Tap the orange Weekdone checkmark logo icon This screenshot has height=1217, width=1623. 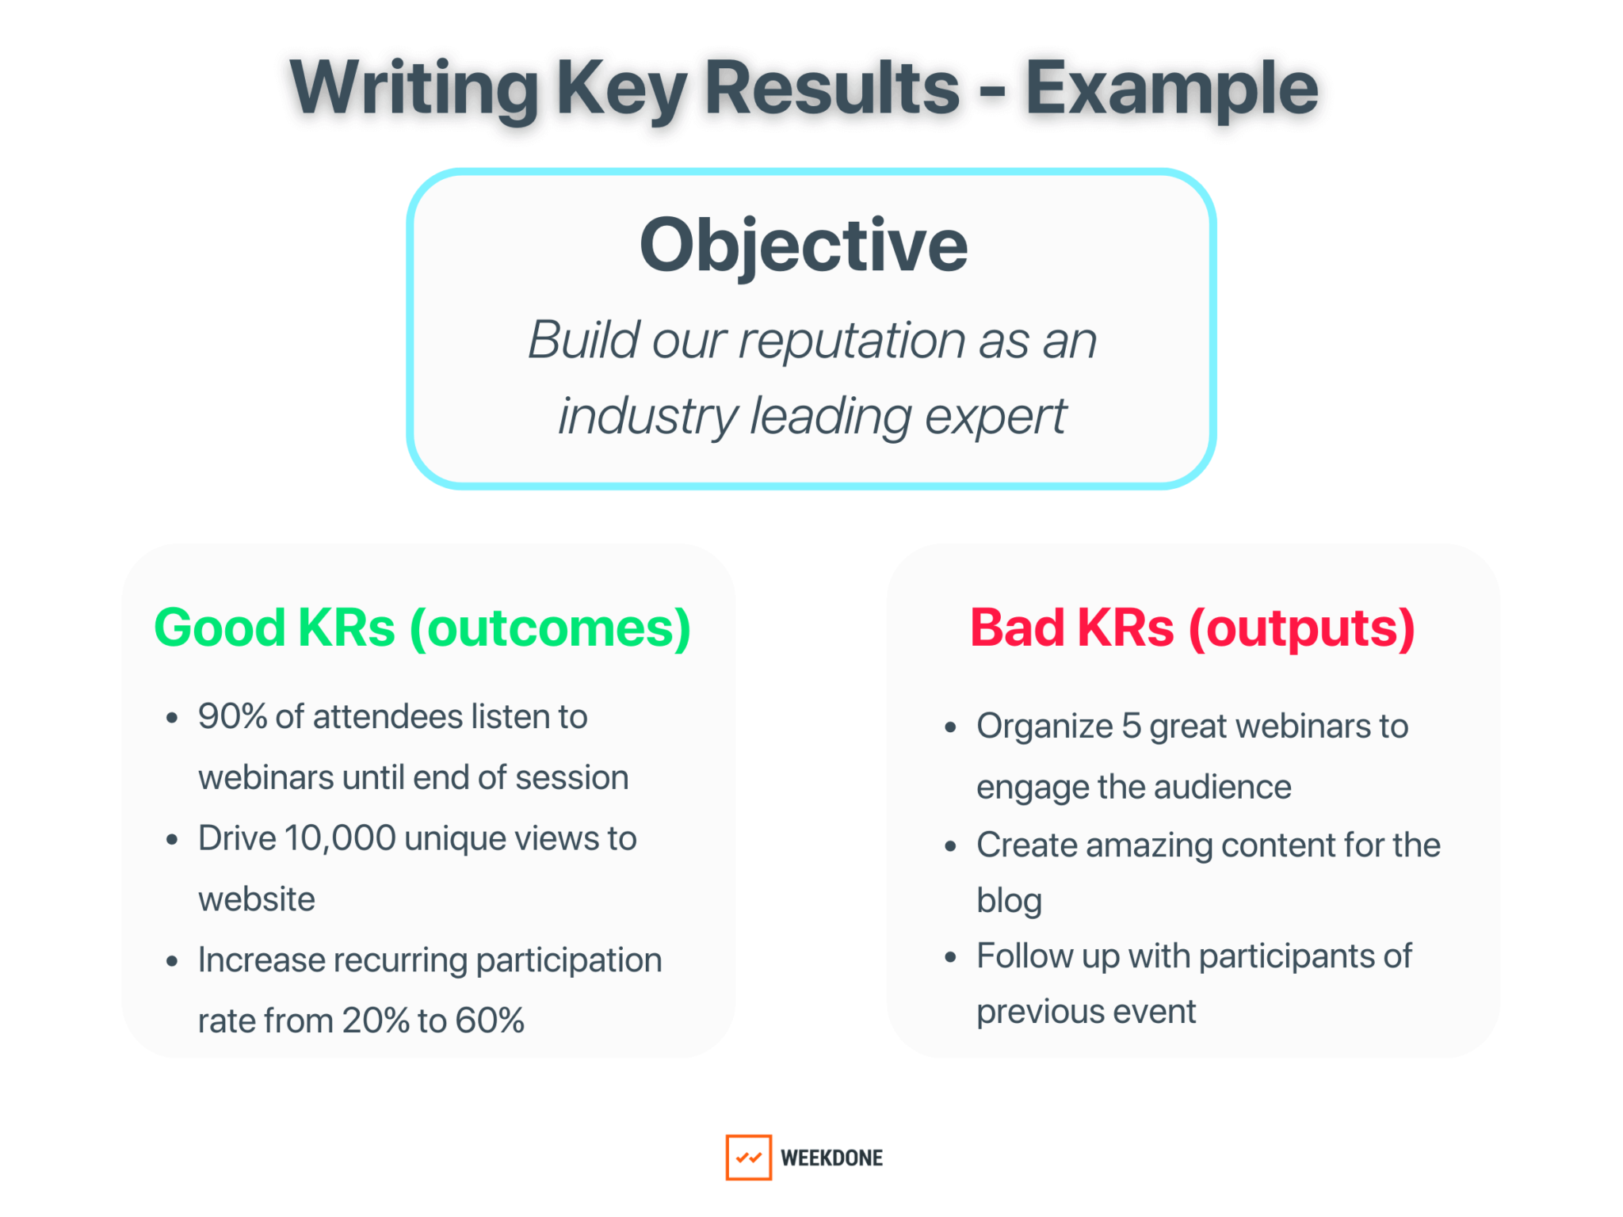tap(748, 1157)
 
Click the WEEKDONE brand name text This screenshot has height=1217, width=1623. tap(831, 1158)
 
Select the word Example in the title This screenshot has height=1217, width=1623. tap(1171, 89)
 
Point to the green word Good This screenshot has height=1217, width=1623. tap(220, 628)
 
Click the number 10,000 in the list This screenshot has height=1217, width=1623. tap(340, 838)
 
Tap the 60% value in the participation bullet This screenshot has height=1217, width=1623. tap(490, 1021)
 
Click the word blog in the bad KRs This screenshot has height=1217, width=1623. tap(1009, 901)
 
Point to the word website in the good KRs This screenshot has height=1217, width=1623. tap(257, 899)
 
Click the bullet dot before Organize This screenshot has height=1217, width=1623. tap(951, 727)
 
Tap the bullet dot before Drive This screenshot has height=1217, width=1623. tap(172, 840)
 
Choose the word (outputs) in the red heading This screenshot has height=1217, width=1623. tap(1301, 628)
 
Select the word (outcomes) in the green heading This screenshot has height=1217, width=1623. tap(550, 628)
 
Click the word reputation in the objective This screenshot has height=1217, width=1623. tap(851, 341)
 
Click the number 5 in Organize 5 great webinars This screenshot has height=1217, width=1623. tap(1131, 726)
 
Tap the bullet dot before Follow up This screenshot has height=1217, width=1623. tap(951, 957)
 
